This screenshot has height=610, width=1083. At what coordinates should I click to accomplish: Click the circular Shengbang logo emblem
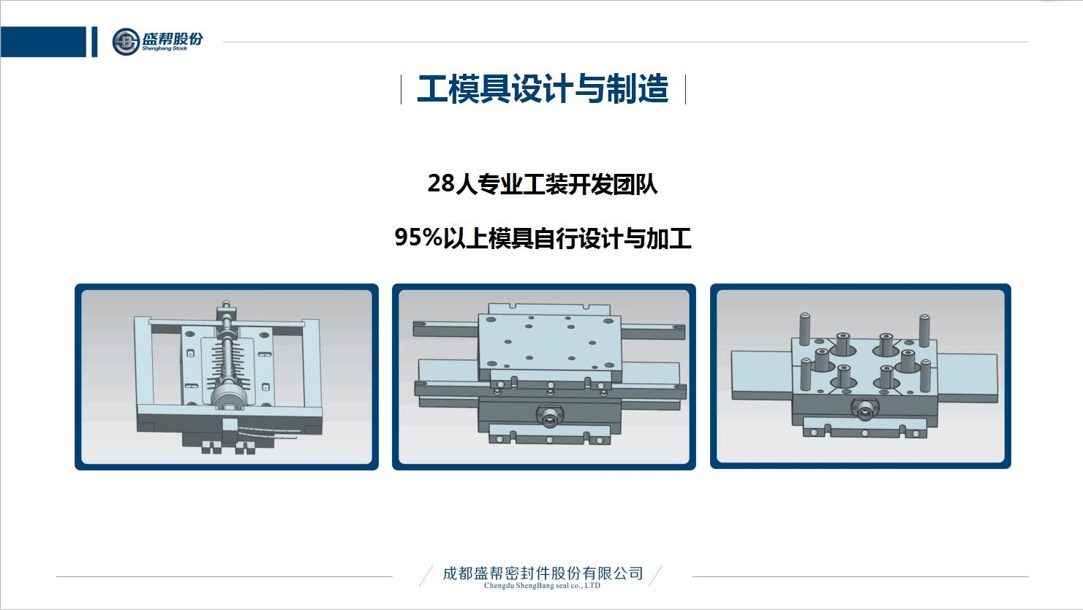pos(126,42)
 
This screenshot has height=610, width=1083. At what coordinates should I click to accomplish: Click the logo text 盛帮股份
pos(173,38)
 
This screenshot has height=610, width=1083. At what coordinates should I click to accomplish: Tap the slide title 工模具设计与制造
pos(543,89)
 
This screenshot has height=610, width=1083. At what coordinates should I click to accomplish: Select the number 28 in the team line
pos(441,183)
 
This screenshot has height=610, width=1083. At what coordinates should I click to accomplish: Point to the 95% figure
pos(418,237)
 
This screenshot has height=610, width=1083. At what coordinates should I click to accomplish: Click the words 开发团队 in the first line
pos(612,184)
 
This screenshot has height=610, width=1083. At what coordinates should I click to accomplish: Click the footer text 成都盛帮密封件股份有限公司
pos(543,573)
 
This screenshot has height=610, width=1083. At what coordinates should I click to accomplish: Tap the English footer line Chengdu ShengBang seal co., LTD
pos(542,585)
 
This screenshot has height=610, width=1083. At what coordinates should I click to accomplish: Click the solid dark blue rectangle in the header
pos(43,42)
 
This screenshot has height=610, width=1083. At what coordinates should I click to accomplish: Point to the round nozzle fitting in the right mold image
pos(865,409)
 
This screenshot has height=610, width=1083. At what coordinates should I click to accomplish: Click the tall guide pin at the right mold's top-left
pos(804,329)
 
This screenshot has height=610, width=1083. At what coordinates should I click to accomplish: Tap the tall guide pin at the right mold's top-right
pos(924,331)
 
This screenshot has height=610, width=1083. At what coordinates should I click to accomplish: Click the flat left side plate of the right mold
pos(761,375)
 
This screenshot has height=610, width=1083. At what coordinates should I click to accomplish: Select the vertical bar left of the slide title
pos(401,89)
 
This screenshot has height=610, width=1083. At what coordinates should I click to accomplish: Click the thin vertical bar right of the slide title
pos(686,89)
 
